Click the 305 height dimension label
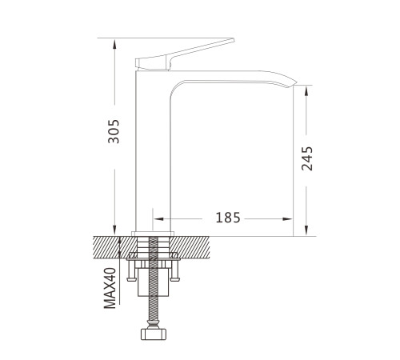[x=114, y=131]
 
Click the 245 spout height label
[x=306, y=158]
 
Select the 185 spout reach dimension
[x=228, y=218]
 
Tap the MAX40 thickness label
[x=110, y=288]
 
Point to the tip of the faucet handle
[x=234, y=40]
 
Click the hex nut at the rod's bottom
[x=154, y=334]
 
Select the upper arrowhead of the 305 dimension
[x=114, y=44]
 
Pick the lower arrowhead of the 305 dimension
[x=114, y=230]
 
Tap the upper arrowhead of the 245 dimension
[x=306, y=90]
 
